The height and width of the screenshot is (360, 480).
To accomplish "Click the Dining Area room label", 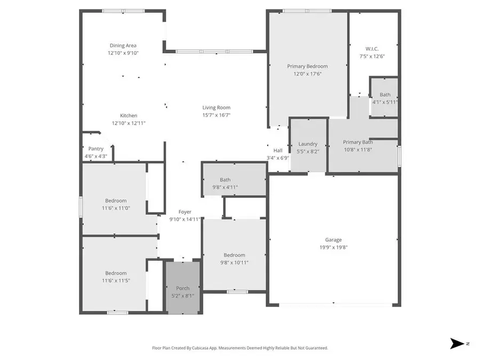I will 123,46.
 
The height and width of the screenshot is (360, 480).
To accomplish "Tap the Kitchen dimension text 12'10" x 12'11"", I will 129,123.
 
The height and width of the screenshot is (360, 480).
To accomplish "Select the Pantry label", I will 96,149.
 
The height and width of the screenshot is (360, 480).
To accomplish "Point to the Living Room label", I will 216,107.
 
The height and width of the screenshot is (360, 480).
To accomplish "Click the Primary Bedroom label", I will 307,66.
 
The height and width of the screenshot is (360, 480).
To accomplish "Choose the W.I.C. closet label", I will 372,49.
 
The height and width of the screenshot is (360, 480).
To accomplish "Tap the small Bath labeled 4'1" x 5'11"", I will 385,95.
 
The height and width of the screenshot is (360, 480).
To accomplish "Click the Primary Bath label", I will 358,142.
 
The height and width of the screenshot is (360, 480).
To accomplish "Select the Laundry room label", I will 308,143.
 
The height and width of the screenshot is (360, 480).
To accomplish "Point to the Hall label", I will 278,150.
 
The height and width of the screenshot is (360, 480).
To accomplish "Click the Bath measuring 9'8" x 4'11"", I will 225,180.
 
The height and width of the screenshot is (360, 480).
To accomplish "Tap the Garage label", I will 333,240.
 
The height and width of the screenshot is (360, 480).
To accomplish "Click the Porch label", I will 183,288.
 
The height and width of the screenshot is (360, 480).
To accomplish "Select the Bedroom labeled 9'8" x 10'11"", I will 234,255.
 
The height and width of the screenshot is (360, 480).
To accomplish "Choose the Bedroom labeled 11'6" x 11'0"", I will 116,201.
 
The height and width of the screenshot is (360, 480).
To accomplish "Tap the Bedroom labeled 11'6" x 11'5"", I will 116,273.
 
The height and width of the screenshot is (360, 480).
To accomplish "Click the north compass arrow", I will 458,343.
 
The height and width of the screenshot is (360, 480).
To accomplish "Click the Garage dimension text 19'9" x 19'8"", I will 333,247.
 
